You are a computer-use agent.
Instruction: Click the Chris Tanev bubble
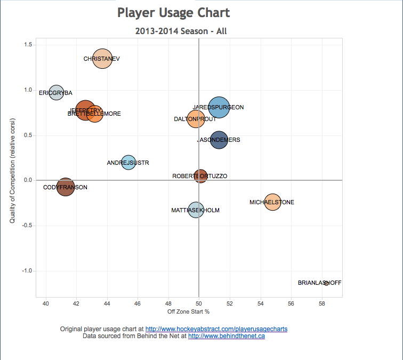coord(102,59)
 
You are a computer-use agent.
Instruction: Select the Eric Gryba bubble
coord(57,92)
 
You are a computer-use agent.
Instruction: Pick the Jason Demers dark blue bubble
coord(219,140)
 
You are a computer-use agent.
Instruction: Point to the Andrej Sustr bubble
coord(128,163)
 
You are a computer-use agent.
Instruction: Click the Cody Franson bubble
coord(65,187)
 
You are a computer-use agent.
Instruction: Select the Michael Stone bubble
coord(272,202)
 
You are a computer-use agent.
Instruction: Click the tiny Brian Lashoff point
coord(326,283)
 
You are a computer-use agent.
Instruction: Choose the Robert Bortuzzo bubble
coord(200,175)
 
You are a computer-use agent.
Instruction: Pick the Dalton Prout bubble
coord(196,119)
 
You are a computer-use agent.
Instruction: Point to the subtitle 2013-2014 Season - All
coord(181,31)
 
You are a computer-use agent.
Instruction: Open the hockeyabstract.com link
coord(216,329)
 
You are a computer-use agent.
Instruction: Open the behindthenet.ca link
coord(226,336)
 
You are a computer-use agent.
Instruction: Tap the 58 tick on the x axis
coord(321,303)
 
